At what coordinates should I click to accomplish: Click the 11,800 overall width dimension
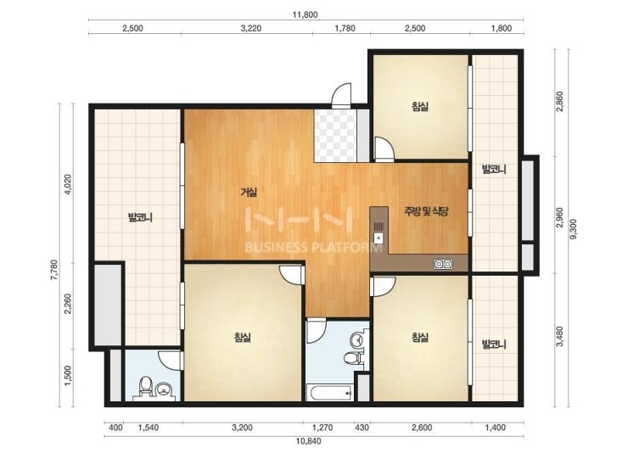306,14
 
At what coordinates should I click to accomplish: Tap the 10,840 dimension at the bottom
308,441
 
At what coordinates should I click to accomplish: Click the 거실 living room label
249,193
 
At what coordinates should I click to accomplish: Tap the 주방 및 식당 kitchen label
426,211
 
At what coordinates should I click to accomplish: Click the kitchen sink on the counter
378,233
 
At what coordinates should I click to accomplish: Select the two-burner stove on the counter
443,264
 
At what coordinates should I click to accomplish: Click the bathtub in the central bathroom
329,393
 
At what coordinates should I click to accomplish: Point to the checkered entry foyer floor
335,136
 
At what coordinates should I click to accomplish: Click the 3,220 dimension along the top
251,28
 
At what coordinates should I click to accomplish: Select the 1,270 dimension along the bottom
322,428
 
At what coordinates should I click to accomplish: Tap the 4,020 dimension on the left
69,185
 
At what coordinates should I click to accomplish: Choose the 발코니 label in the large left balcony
140,218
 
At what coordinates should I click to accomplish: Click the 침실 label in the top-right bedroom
420,107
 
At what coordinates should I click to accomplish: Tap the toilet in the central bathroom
352,358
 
